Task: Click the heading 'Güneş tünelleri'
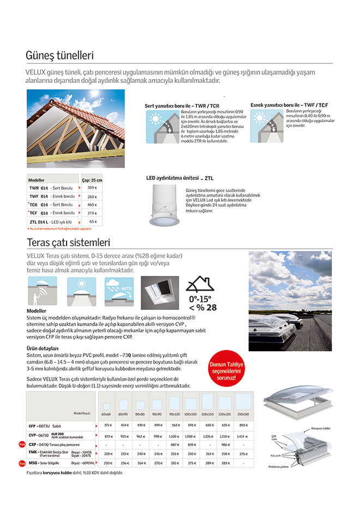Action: point(60,56)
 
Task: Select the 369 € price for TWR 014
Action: point(92,188)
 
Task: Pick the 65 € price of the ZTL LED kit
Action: point(92,222)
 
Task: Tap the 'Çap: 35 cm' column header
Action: point(92,179)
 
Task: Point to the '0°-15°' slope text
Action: point(200,298)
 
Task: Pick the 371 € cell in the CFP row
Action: point(107,425)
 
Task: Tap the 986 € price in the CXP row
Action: point(224,444)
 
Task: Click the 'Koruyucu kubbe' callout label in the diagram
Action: point(320,429)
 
